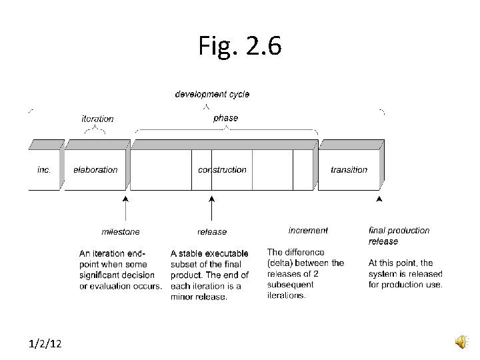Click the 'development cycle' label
[212, 94]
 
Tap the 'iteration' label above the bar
[97, 119]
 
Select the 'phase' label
[225, 118]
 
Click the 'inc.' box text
[43, 169]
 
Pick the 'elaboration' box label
[95, 169]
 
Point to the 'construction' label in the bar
[222, 169]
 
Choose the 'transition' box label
[349, 169]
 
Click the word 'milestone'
[121, 231]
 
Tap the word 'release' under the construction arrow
[212, 231]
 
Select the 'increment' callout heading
[308, 230]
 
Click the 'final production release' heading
[399, 235]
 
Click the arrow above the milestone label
[125, 207]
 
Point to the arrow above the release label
[212, 207]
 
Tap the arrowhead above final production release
[379, 198]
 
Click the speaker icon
[462, 342]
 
